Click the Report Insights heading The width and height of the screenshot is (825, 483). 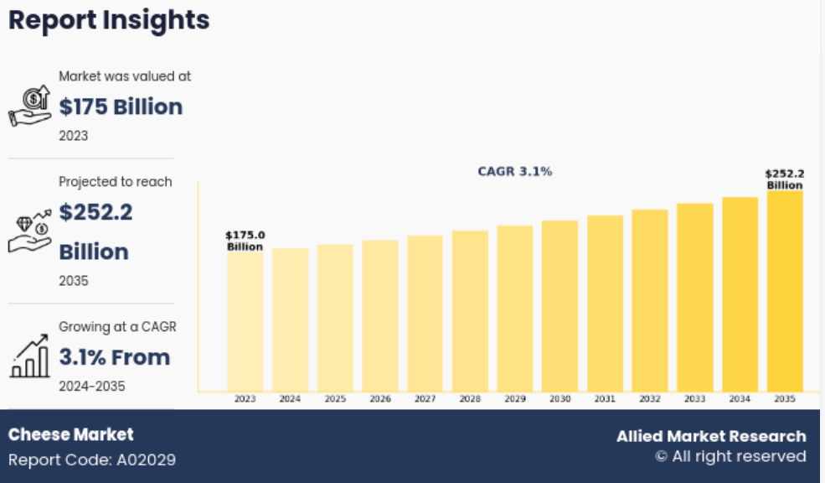coord(109,20)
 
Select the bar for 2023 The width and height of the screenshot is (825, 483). coord(245,321)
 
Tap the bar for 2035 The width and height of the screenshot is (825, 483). coord(785,291)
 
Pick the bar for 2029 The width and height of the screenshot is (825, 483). coord(515,309)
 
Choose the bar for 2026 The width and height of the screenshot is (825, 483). coord(380,316)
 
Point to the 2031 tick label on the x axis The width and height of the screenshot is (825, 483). coord(605,398)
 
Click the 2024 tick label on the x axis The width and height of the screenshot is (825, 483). coord(290,398)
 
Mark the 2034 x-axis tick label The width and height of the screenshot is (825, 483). coord(740,398)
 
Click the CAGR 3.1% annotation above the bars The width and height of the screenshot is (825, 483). coord(514,171)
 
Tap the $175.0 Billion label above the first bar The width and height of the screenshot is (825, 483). coord(245,241)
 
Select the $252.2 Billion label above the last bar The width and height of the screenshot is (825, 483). coord(785,179)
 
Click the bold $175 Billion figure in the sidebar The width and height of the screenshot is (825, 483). coord(121,107)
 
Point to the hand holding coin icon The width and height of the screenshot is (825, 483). coord(30,106)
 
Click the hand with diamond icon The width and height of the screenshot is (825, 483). coord(30,231)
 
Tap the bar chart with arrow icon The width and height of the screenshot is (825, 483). coord(30,356)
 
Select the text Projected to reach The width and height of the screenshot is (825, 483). coord(116,182)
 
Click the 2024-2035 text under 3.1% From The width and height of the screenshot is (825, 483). coord(92,386)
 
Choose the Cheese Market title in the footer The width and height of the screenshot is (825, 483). coord(71,434)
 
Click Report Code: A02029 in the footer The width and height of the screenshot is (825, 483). coord(92,460)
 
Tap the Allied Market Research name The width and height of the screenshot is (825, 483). coord(711,436)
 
